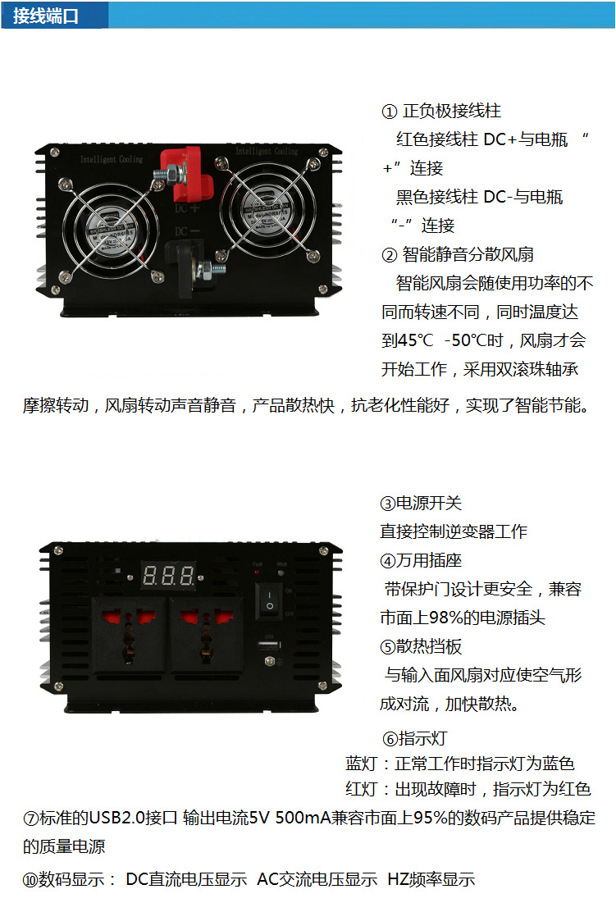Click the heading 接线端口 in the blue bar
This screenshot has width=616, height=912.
[47, 16]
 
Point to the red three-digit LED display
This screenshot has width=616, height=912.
[169, 575]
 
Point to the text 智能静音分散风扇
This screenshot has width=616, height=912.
[468, 254]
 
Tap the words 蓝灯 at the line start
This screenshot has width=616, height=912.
[362, 764]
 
